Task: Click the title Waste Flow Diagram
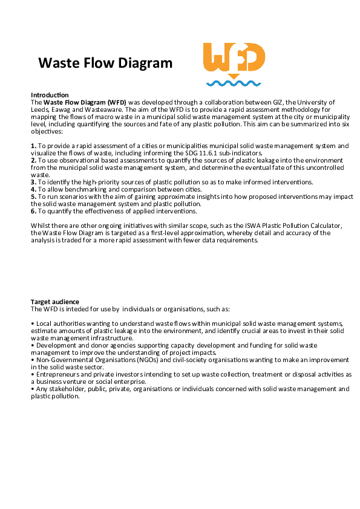tap(105, 63)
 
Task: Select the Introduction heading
tap(50, 96)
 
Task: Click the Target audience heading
tap(55, 301)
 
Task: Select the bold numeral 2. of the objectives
tap(33, 160)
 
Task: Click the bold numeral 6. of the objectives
tap(33, 210)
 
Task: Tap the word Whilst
tap(41, 225)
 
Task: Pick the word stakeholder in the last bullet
tap(63, 389)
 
